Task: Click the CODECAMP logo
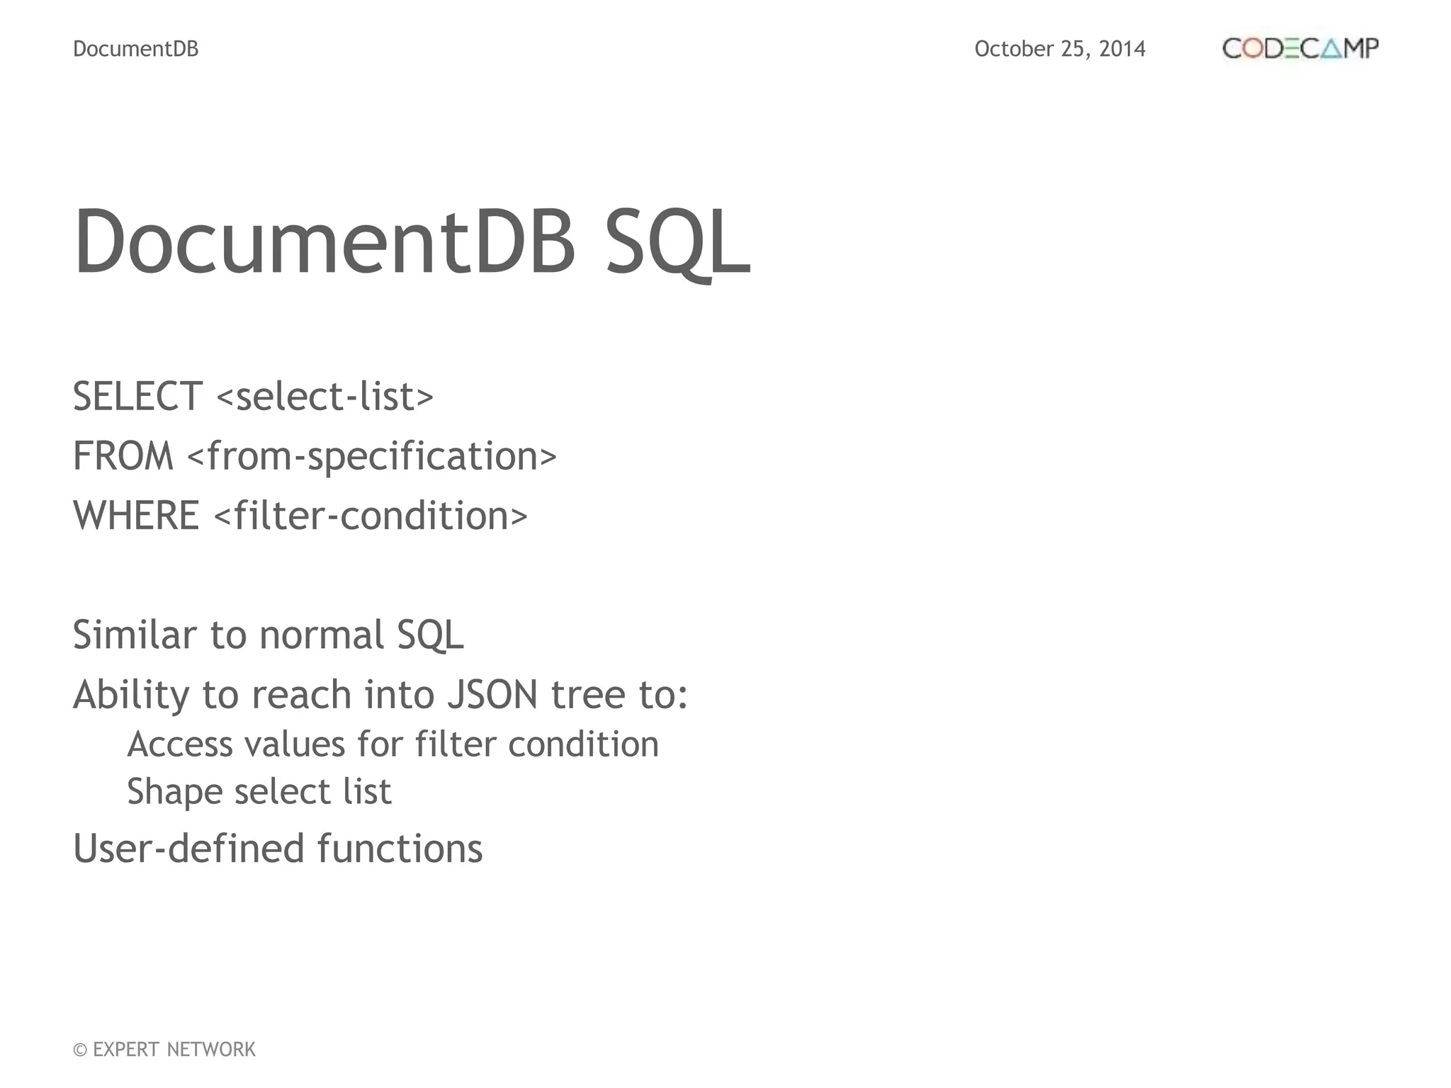click(x=1300, y=48)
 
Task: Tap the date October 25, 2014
click(x=1059, y=49)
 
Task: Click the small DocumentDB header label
click(x=136, y=49)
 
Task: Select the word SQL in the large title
click(x=677, y=242)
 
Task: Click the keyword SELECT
click(x=138, y=396)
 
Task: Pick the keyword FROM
click(x=123, y=455)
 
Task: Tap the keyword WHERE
click(x=136, y=515)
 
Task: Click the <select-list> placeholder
click(x=325, y=396)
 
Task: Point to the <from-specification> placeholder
click(x=372, y=455)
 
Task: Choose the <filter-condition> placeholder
click(x=371, y=515)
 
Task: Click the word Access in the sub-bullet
click(x=180, y=744)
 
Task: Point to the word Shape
click(x=174, y=792)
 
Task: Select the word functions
click(x=400, y=849)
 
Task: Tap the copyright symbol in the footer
click(x=80, y=1050)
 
